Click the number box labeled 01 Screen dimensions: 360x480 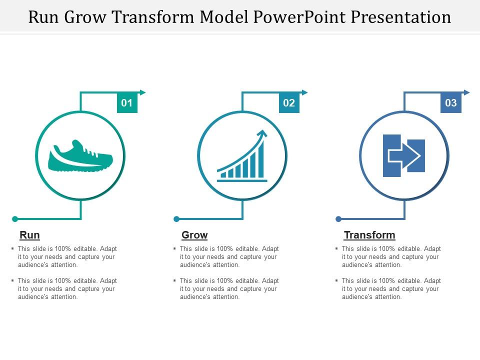coord(127,103)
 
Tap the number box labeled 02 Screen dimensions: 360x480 coord(289,103)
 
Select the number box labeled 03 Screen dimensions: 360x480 coord(451,103)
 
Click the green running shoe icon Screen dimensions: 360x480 coord(80,156)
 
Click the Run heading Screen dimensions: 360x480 coord(29,235)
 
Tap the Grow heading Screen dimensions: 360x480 coord(194,235)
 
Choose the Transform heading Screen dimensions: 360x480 coord(369,235)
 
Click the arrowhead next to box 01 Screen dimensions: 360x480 coord(143,92)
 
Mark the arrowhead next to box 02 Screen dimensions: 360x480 coord(305,92)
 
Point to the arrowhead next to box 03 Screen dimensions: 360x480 coord(467,92)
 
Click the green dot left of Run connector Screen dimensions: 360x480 coord(15,219)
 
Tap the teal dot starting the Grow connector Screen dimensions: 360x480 coord(176,219)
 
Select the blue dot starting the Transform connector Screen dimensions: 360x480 coord(338,219)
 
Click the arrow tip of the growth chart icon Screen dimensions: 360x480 coord(263,133)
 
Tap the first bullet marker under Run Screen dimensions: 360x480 coord(12,248)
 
